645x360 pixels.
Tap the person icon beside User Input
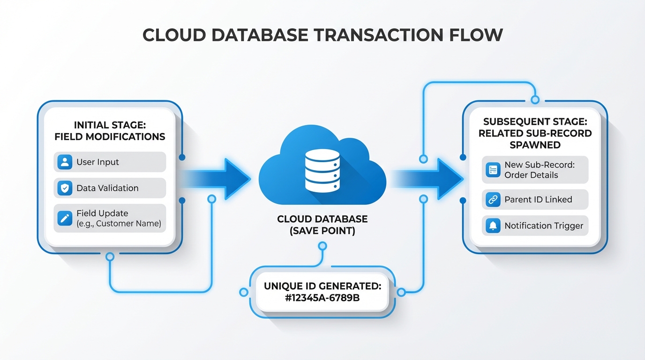tap(64, 162)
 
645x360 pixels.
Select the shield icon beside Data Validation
tap(64, 188)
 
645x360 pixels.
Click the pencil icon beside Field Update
tap(64, 218)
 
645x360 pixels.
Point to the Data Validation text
tap(107, 188)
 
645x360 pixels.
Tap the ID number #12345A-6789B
tap(322, 297)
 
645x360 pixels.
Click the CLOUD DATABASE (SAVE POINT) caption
tap(322, 225)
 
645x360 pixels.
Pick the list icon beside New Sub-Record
tap(492, 170)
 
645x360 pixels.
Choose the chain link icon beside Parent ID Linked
tap(492, 200)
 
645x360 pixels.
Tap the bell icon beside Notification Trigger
tap(492, 226)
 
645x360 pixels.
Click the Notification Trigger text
tap(543, 226)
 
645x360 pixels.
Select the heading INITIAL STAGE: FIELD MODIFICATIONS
tap(110, 130)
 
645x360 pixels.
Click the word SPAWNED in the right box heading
tap(535, 145)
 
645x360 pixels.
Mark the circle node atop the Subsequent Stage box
tap(535, 100)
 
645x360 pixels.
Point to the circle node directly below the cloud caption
tap(322, 246)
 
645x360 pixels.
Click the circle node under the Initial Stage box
tap(110, 256)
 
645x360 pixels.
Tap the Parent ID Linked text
tap(538, 200)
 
